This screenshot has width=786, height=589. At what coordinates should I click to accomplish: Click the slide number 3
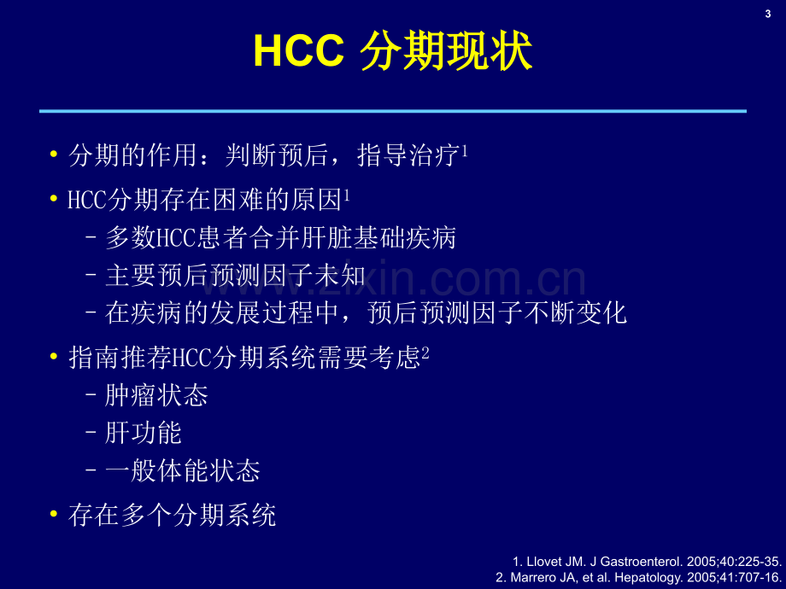pyautogui.click(x=767, y=14)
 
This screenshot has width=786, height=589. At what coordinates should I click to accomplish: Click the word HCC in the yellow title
pyautogui.click(x=299, y=50)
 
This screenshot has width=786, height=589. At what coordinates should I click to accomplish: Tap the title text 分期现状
pyautogui.click(x=446, y=50)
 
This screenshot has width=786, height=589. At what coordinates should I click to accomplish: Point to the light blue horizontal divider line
pyautogui.click(x=393, y=111)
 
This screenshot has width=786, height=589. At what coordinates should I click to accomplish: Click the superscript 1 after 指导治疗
pyautogui.click(x=465, y=150)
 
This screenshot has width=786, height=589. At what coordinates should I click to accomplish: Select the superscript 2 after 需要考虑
pyautogui.click(x=425, y=353)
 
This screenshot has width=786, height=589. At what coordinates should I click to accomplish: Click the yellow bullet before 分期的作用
pyautogui.click(x=54, y=154)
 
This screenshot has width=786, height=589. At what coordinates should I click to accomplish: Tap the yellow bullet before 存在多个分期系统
pyautogui.click(x=54, y=514)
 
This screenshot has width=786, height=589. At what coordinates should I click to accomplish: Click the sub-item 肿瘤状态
pyautogui.click(x=156, y=395)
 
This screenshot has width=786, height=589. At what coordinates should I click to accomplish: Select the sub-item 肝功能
pyautogui.click(x=144, y=433)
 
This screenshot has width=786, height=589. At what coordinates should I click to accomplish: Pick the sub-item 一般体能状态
pyautogui.click(x=183, y=471)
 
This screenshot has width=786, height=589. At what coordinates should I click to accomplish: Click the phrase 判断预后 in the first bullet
pyautogui.click(x=277, y=155)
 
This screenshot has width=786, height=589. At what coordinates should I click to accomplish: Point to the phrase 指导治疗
pyautogui.click(x=409, y=155)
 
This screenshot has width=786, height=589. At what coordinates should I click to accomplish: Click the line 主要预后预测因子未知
pyautogui.click(x=235, y=276)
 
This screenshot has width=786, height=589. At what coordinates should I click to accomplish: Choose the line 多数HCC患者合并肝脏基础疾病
pyautogui.click(x=280, y=237)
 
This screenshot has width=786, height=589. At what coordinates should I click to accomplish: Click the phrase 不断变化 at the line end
pyautogui.click(x=576, y=313)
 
